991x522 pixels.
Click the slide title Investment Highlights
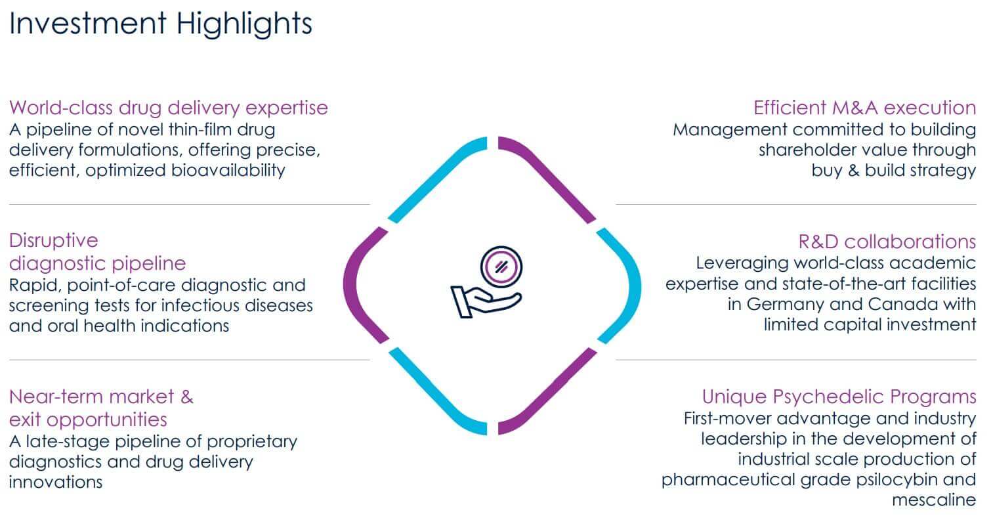point(161,24)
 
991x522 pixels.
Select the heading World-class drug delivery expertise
point(169,108)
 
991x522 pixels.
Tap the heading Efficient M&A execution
point(864,108)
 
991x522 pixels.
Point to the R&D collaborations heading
point(887,241)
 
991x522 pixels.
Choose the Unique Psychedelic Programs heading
point(839,397)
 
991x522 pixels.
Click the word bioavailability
point(228,171)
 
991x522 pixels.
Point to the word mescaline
point(934,500)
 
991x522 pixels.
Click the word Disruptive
point(54,241)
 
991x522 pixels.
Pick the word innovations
point(56,482)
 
